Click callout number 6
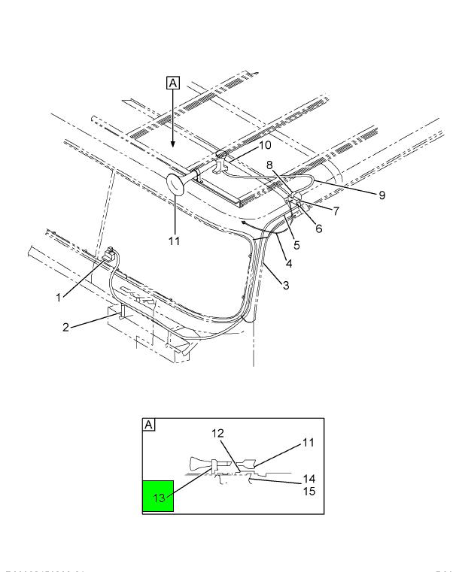tap(319, 228)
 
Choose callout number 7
tap(336, 212)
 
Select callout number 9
tap(381, 195)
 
